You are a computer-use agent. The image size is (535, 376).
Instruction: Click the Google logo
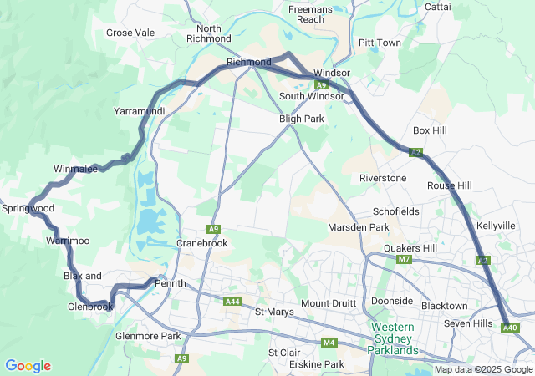(x=28, y=366)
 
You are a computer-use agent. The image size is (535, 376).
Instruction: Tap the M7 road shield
(x=405, y=260)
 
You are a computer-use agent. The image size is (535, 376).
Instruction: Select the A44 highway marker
(x=233, y=301)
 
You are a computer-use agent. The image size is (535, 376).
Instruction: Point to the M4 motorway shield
(x=330, y=343)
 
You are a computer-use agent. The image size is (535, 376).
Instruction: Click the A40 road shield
(x=510, y=328)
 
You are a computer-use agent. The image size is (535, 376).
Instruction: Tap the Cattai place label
(x=437, y=7)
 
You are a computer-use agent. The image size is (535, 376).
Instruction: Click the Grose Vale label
(x=130, y=33)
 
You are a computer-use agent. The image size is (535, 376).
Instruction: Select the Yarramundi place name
(x=139, y=111)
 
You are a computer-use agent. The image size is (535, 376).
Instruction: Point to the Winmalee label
(x=76, y=170)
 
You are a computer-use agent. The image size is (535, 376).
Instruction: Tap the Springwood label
(x=28, y=208)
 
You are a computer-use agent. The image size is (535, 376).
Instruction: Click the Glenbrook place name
(x=90, y=307)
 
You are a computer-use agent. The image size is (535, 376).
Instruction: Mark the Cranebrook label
(x=201, y=243)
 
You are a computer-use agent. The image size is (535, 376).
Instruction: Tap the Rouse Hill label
(x=449, y=185)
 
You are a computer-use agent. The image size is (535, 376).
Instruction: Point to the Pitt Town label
(x=379, y=43)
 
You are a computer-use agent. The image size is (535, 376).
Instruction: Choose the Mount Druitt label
(x=329, y=302)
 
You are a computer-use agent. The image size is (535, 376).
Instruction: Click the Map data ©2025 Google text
(x=483, y=369)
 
